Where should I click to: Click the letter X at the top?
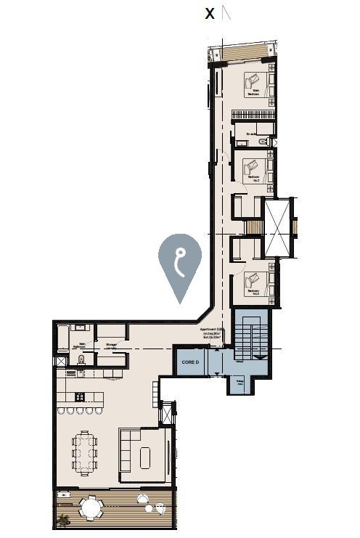click(x=210, y=14)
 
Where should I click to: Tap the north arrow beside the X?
click(x=226, y=12)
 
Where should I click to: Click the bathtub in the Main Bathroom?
click(x=62, y=338)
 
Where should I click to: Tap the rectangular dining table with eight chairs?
click(x=84, y=453)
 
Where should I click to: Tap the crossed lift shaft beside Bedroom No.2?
click(x=277, y=227)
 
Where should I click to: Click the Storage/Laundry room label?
click(x=112, y=346)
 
